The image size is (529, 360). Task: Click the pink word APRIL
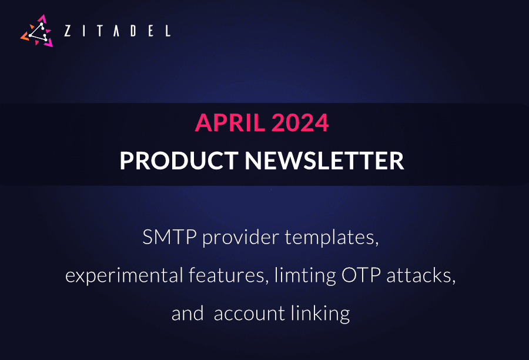coord(226,123)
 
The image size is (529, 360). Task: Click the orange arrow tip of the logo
coord(24,37)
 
